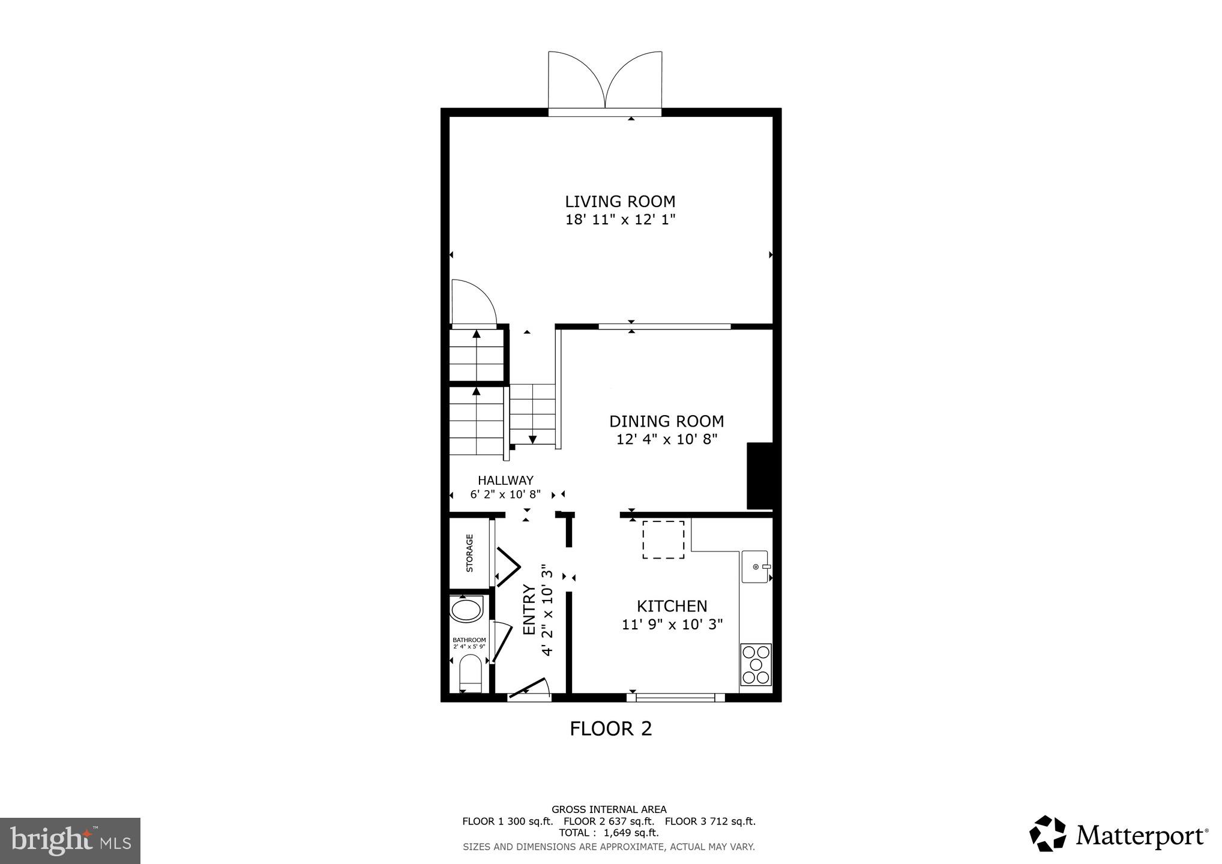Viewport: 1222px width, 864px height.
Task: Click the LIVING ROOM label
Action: click(x=620, y=202)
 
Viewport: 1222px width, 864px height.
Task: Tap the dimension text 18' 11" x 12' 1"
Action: click(x=620, y=220)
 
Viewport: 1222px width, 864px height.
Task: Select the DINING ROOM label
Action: click(x=666, y=421)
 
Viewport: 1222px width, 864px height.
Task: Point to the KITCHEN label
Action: click(x=672, y=606)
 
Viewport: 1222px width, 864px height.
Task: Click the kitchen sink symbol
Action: click(x=754, y=566)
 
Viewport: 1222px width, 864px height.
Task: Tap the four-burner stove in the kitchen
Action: click(x=756, y=664)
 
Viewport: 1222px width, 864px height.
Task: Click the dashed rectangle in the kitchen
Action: click(x=663, y=539)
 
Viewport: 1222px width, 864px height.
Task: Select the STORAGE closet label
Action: click(x=469, y=553)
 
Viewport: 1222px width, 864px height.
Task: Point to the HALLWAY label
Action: click(x=505, y=480)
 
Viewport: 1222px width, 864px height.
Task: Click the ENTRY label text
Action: click(x=529, y=610)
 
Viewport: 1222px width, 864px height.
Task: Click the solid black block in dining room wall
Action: click(x=759, y=476)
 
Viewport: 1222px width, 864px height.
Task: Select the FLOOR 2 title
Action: click(x=610, y=728)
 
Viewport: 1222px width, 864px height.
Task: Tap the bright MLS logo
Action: click(x=70, y=840)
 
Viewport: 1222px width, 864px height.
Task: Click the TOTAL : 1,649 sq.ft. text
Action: click(x=609, y=833)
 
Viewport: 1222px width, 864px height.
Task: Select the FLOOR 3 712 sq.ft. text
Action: click(x=710, y=821)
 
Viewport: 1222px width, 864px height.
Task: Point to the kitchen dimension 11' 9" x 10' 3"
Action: click(x=672, y=625)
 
